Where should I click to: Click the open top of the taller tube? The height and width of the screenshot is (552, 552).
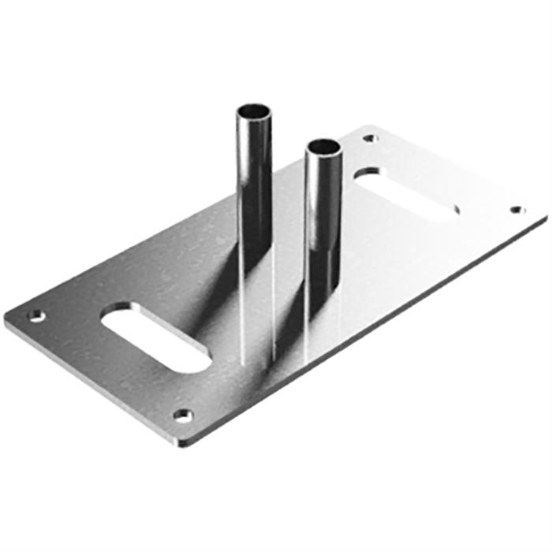(255, 110)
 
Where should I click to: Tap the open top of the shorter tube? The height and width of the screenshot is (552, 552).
(323, 147)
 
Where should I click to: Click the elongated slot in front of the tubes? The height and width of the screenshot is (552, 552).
(155, 339)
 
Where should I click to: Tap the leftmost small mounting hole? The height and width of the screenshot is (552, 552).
(36, 316)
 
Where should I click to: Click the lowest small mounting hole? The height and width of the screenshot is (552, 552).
(183, 415)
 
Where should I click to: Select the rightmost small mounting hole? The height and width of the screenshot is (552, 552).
(517, 210)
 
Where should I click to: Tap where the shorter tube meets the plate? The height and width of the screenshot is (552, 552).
(324, 322)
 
